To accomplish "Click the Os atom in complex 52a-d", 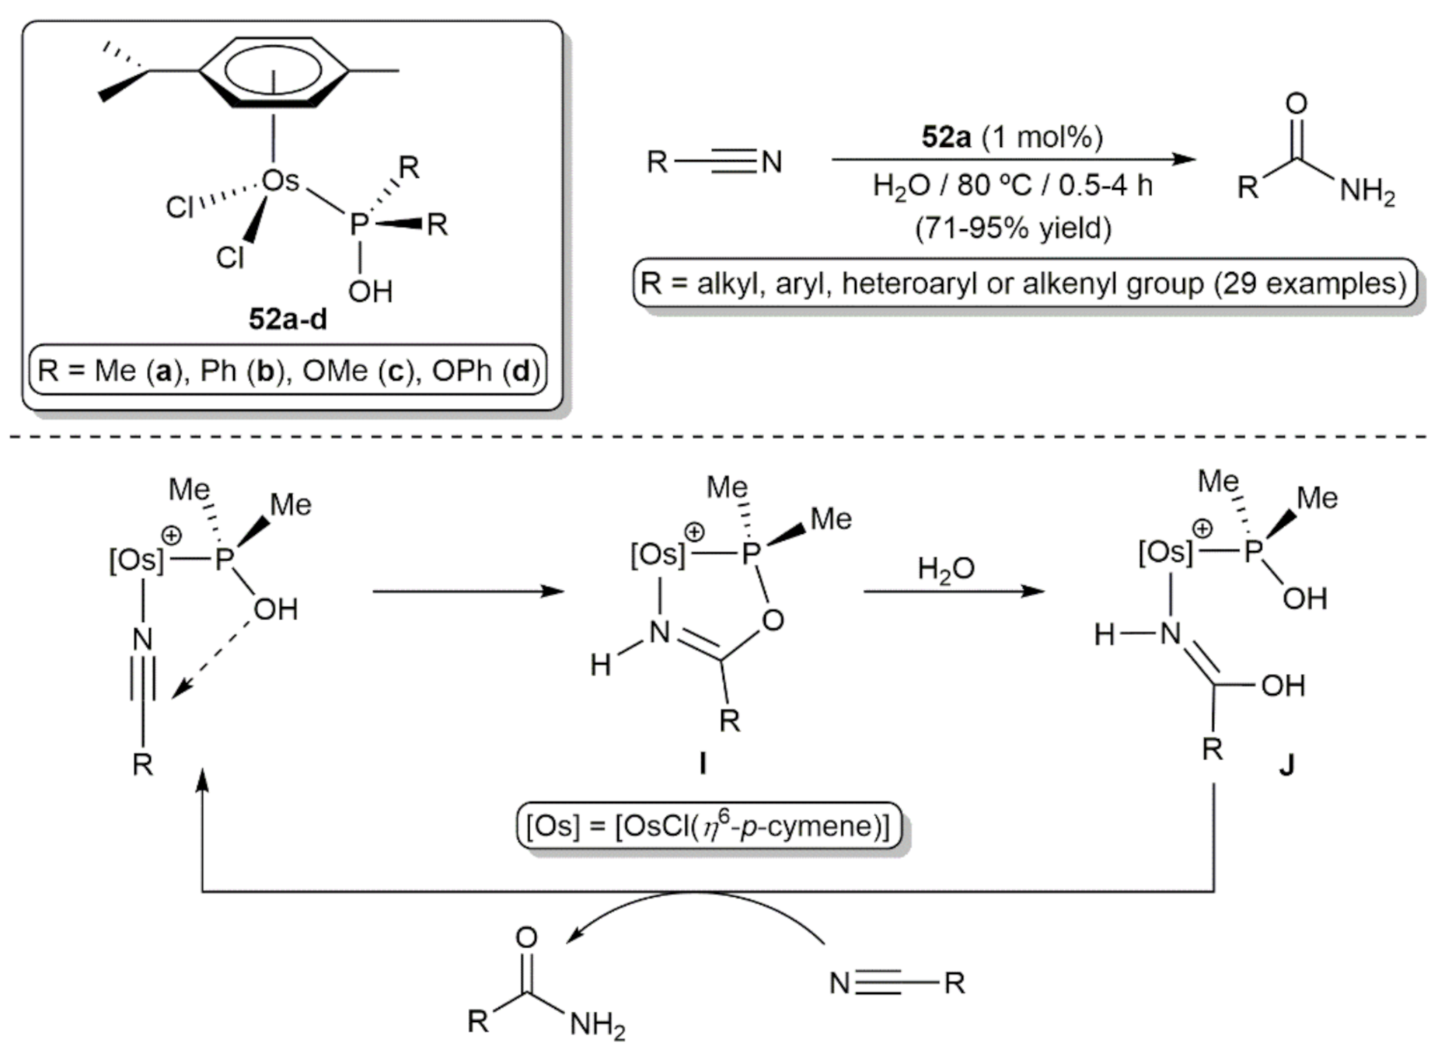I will [280, 181].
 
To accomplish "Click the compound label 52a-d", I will [288, 319].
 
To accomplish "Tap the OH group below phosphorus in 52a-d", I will [370, 292].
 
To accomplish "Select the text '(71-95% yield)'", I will [1013, 228].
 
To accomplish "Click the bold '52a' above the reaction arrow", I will [946, 138].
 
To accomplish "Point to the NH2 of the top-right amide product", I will [1367, 191].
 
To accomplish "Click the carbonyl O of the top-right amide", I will [1296, 103].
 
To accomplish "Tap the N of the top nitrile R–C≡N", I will [771, 162].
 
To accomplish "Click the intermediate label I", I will [703, 765].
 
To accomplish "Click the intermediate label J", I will [1287, 766].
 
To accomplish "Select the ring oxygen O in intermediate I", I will [773, 620].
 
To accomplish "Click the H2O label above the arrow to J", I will [945, 570].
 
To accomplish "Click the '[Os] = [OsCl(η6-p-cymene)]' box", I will [708, 826].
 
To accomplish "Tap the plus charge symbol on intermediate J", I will [1202, 529].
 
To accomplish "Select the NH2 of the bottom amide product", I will [597, 1026].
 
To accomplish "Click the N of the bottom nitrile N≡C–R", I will [839, 984].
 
